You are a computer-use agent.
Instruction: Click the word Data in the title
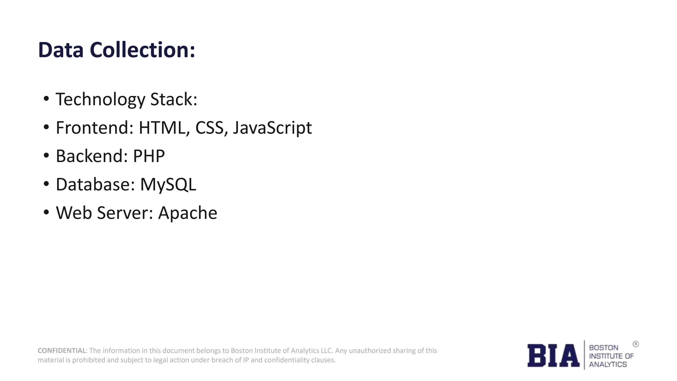(60, 50)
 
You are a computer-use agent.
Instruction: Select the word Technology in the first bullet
(100, 100)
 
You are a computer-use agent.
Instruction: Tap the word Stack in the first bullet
(173, 100)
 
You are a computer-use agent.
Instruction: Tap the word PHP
(149, 156)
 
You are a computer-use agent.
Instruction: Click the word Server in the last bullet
(125, 213)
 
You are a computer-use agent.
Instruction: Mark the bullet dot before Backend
(46, 155)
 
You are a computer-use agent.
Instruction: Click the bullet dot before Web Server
(46, 212)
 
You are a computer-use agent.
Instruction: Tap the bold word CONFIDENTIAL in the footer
(62, 351)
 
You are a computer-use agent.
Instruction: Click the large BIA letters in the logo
(553, 356)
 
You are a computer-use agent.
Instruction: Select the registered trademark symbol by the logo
(635, 344)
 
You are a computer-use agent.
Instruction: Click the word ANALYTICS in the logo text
(608, 364)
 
